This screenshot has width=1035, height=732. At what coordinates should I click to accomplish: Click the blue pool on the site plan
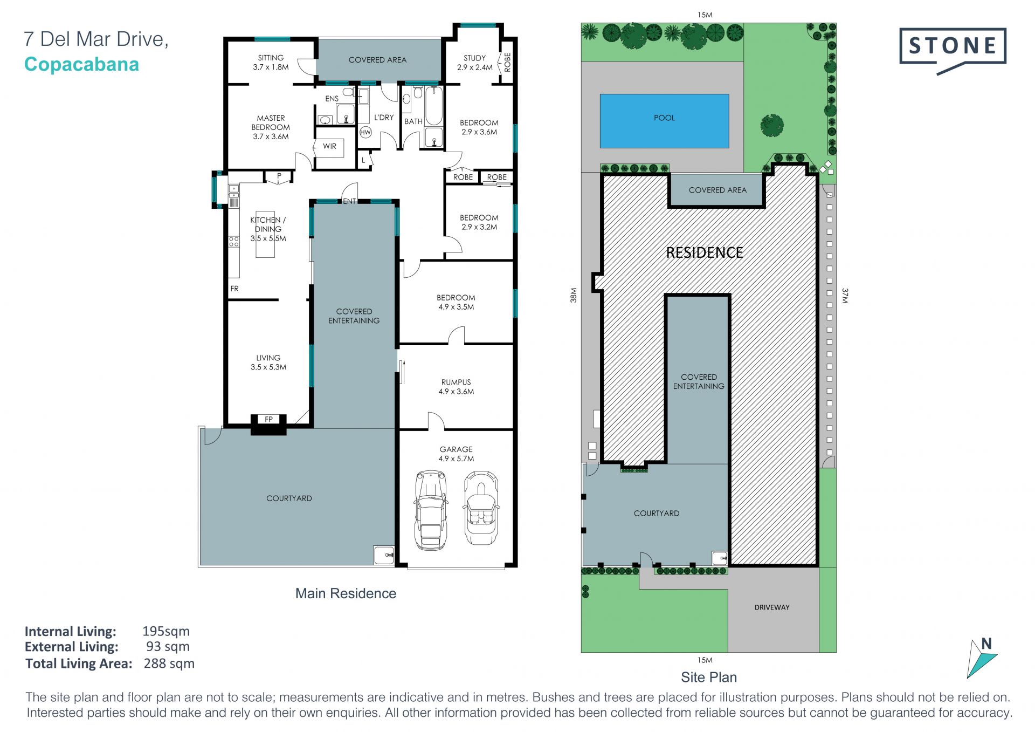click(664, 121)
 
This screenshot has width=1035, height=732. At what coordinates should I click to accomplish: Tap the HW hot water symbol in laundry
click(365, 132)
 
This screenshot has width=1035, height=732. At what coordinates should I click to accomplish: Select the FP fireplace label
click(268, 419)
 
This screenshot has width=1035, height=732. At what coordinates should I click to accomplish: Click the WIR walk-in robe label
click(330, 146)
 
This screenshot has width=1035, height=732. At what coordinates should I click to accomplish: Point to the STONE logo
click(953, 50)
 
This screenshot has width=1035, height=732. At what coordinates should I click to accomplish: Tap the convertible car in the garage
click(481, 507)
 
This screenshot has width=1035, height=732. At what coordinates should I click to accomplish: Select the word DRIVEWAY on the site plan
click(772, 607)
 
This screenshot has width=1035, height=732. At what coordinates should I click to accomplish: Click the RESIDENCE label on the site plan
click(705, 252)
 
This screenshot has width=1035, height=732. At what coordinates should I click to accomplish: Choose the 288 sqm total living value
click(169, 663)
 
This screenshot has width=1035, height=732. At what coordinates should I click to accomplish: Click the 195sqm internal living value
click(166, 631)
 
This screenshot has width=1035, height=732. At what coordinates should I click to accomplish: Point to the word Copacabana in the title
click(82, 64)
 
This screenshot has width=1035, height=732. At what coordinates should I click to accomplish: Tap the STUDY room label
click(474, 58)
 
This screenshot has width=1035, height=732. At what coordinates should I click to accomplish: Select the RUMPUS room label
click(456, 382)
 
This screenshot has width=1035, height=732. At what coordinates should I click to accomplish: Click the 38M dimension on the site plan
click(574, 295)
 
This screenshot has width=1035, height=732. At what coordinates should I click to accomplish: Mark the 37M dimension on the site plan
click(845, 296)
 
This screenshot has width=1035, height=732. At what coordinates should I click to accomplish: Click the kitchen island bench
click(265, 234)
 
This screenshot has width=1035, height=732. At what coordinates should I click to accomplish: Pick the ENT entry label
click(349, 201)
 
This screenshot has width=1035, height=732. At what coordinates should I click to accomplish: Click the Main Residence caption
click(346, 593)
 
